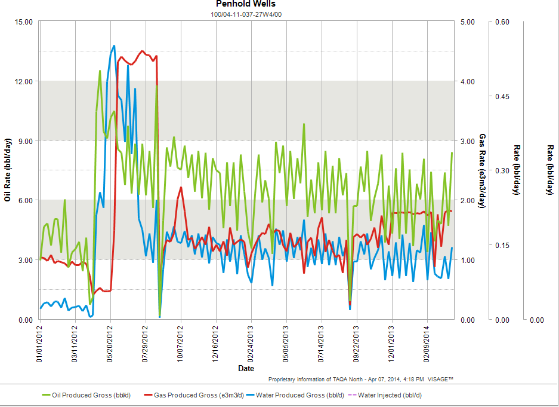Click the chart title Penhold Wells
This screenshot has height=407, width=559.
246,4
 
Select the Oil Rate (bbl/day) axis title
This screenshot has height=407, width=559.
8,170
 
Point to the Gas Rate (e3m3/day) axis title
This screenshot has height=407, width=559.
481,170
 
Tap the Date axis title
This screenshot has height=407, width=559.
246,369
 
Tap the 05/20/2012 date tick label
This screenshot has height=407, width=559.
110,345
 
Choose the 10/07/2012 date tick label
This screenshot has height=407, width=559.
181,345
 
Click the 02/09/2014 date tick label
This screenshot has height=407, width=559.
427,345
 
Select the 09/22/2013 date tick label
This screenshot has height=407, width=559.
356,345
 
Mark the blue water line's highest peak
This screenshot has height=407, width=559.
114,45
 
